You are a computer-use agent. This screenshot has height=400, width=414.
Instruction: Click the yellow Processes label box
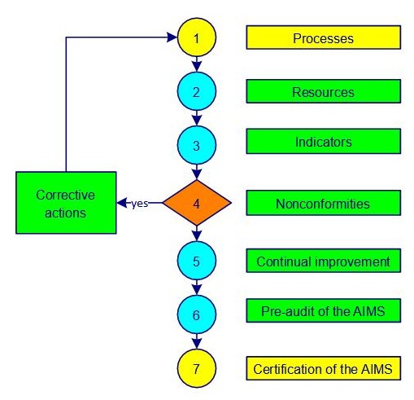pos(323,37)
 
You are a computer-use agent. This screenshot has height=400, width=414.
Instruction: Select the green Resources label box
pos(323,92)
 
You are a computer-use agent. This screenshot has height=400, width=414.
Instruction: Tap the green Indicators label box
pos(323,142)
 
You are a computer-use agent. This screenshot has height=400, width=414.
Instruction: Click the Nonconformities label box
pos(323,203)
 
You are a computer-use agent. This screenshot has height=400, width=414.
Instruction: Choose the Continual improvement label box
pos(323,262)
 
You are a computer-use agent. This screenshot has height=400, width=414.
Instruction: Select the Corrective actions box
pos(65,203)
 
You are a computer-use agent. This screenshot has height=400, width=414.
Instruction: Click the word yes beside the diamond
pos(140,204)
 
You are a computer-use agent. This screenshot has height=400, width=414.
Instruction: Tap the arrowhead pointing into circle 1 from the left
pos(172,37)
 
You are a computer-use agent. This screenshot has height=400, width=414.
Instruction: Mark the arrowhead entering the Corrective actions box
pos(121,203)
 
